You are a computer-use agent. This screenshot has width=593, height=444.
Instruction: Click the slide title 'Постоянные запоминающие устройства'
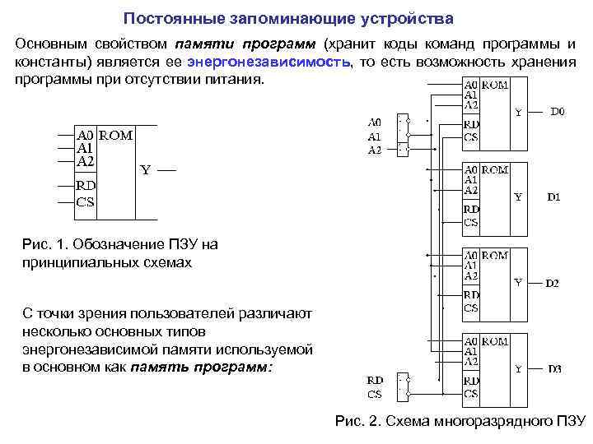(x=287, y=17)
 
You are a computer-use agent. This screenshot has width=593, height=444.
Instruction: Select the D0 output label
(x=557, y=109)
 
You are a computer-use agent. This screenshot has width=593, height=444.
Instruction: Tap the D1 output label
(x=553, y=197)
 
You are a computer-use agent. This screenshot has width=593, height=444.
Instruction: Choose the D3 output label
(x=554, y=369)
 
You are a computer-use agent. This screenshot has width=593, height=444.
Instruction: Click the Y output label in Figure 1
(x=145, y=170)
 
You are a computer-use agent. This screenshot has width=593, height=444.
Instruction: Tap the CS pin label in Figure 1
(x=86, y=201)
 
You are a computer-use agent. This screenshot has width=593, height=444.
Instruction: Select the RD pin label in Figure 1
(x=86, y=185)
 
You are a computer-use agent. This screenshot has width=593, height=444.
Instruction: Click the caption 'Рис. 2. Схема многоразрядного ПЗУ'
(x=460, y=422)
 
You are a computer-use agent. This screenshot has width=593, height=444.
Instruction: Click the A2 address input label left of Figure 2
(x=375, y=150)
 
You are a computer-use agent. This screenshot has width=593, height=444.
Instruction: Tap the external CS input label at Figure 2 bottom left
(x=375, y=394)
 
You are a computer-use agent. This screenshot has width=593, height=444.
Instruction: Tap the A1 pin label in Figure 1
(x=86, y=149)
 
